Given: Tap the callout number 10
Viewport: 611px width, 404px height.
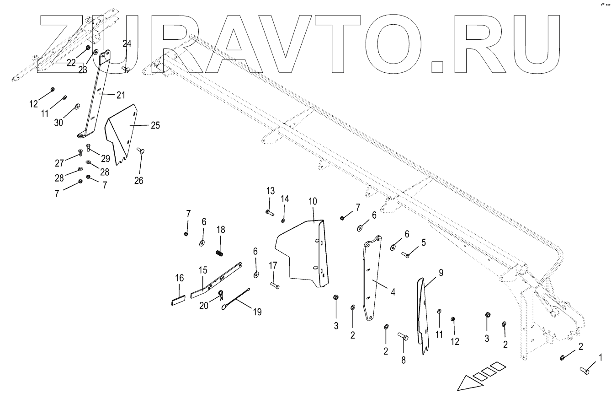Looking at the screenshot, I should tap(313, 201).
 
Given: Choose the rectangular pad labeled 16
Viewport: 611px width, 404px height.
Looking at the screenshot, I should tap(178, 302).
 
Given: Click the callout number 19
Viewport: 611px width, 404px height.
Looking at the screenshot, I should tap(257, 312).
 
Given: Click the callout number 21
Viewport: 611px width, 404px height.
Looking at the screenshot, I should tap(120, 95).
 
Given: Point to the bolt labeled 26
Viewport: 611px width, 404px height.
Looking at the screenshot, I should tap(141, 151).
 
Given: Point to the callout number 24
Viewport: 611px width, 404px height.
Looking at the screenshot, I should tap(127, 44).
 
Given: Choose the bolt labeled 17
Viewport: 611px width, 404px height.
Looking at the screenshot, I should tap(275, 285).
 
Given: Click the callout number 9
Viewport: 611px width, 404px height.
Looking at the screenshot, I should tap(441, 273).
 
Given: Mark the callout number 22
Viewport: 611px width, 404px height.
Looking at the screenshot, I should tap(71, 63).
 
